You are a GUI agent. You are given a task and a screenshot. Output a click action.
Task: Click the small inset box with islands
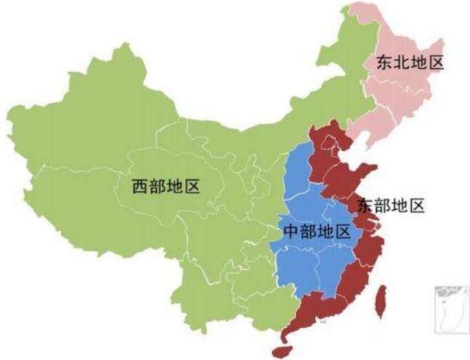[444, 310]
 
